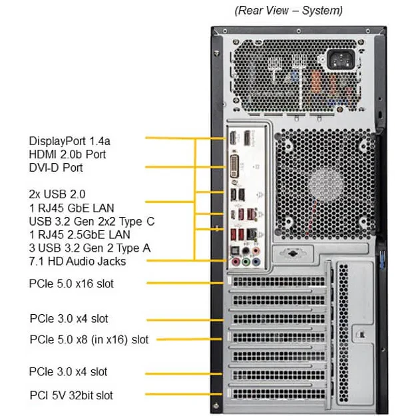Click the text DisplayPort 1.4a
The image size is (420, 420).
(x=70, y=141)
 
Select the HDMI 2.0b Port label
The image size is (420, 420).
(x=67, y=154)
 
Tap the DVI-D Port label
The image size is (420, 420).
(x=56, y=168)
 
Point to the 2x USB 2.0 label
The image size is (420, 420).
(x=58, y=194)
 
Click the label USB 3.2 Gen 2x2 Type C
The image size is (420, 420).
(x=92, y=221)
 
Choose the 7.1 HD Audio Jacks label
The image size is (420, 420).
(x=77, y=262)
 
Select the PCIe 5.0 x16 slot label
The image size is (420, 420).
(x=71, y=284)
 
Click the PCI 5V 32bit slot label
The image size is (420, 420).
(x=71, y=395)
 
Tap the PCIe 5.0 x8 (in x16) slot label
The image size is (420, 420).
(x=89, y=339)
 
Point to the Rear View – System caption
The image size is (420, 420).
(x=289, y=11)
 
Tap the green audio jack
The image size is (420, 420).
(x=246, y=262)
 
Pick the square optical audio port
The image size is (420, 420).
(x=235, y=251)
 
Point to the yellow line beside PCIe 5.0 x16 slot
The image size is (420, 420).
(x=183, y=284)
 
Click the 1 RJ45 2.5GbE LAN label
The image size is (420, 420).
(x=79, y=234)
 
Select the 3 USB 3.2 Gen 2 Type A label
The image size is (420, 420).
(x=90, y=248)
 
